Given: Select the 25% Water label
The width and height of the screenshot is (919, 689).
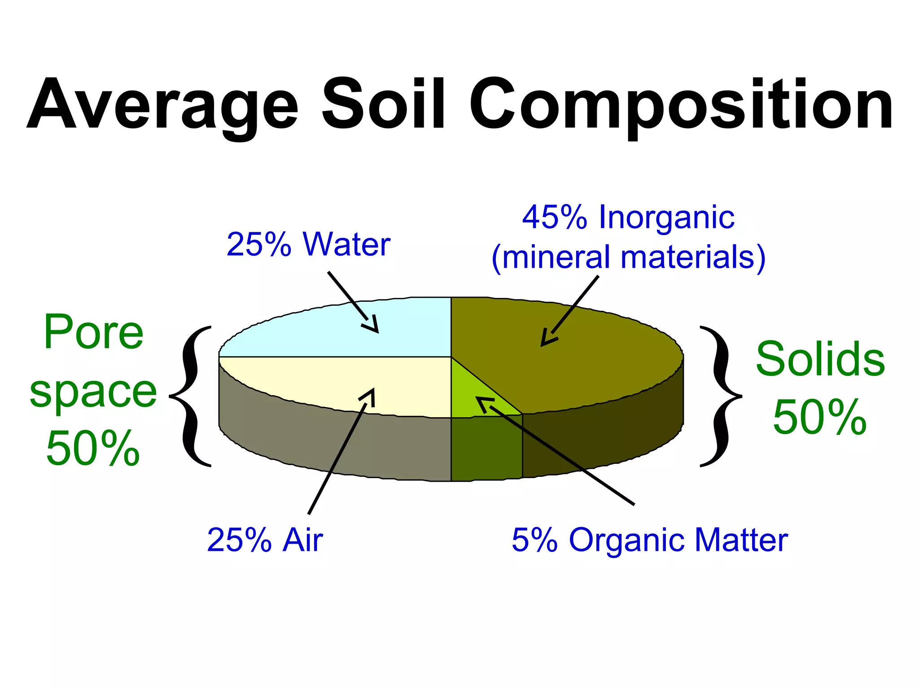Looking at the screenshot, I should (x=308, y=244).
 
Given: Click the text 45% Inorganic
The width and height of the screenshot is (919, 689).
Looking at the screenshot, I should (x=628, y=218).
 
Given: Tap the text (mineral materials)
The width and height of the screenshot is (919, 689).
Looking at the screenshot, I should (x=628, y=257).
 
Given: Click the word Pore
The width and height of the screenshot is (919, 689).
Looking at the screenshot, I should (x=93, y=332).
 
